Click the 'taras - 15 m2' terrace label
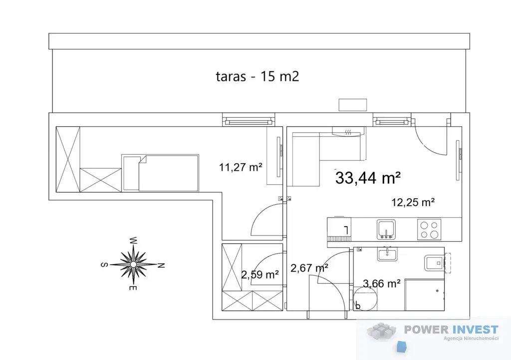pos(257,76)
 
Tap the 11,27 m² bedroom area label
pos(241,167)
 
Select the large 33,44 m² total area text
pos(368,178)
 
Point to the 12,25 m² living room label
pos(413,202)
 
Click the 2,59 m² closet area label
pos(259,274)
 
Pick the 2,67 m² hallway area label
pos(309,268)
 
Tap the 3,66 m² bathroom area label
pos(382,284)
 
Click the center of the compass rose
pos(133,264)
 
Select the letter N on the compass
pos(161,266)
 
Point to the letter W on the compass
pos(133,241)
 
